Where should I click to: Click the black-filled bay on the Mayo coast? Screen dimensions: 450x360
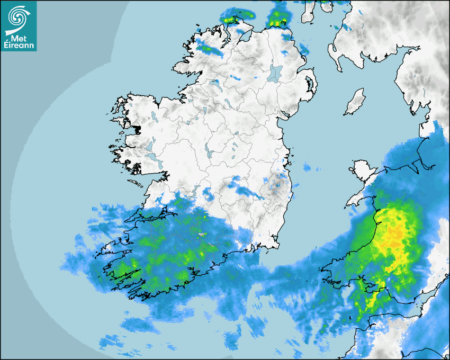[x=138, y=129]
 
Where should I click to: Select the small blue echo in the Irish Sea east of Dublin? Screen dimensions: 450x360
[x=308, y=168]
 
